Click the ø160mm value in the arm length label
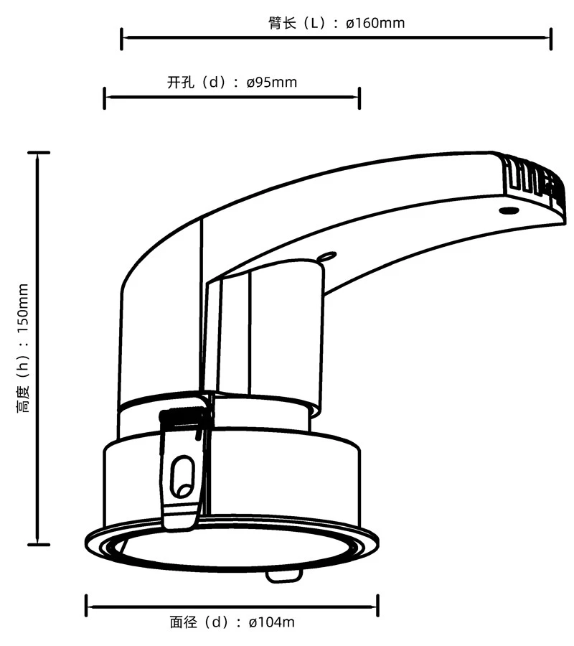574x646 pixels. (x=375, y=23)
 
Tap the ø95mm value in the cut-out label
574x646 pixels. (x=271, y=82)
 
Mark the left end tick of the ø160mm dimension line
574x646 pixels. (x=122, y=39)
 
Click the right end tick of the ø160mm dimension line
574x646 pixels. (x=550, y=39)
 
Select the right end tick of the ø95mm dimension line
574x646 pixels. (x=359, y=98)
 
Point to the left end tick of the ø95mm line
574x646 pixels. (x=105, y=98)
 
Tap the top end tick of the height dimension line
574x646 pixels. (x=38, y=153)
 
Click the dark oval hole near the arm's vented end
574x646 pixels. (x=508, y=210)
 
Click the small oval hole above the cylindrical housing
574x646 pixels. (x=328, y=256)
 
